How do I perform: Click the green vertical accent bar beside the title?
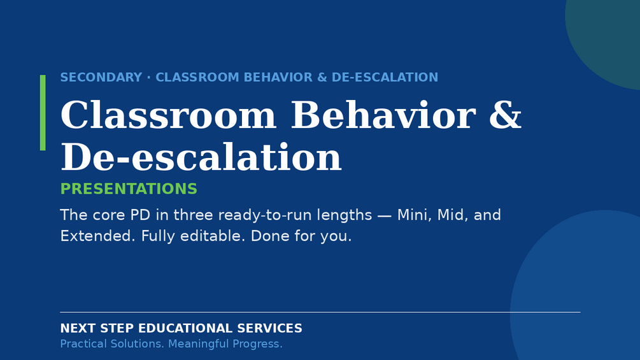(x=43, y=113)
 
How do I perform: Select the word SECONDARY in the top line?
(x=101, y=77)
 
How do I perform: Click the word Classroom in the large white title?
(x=168, y=115)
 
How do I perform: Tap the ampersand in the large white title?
(x=505, y=115)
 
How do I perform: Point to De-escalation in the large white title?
(x=201, y=157)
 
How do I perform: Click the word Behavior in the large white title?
(x=383, y=115)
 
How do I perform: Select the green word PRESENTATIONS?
(x=129, y=189)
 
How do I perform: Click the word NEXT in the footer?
(x=78, y=328)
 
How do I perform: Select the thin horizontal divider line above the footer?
(x=320, y=312)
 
